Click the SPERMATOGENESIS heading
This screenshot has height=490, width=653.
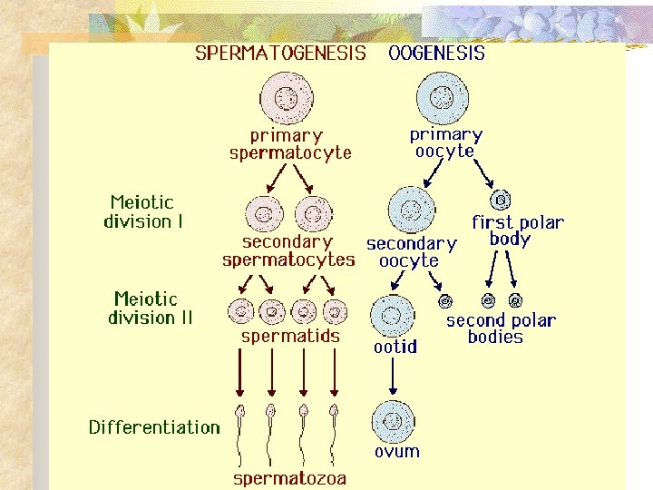click(281, 53)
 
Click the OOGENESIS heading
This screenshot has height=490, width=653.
click(436, 53)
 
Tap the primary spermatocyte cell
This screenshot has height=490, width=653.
click(288, 98)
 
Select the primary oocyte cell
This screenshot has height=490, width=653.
click(443, 95)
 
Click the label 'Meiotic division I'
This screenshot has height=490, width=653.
click(142, 211)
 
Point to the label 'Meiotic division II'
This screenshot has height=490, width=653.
click(150, 308)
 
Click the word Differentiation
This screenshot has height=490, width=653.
click(154, 427)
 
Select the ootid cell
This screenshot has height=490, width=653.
click(393, 316)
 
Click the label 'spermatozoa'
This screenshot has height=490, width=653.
click(289, 477)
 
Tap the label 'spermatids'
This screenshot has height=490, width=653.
click(290, 337)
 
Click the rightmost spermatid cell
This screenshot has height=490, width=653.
click(336, 310)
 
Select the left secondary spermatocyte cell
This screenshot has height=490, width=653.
click(263, 215)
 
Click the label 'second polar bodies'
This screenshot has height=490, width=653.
click(500, 328)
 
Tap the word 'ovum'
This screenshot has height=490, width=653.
click(396, 451)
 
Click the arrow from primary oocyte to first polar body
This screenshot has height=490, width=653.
click(482, 172)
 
